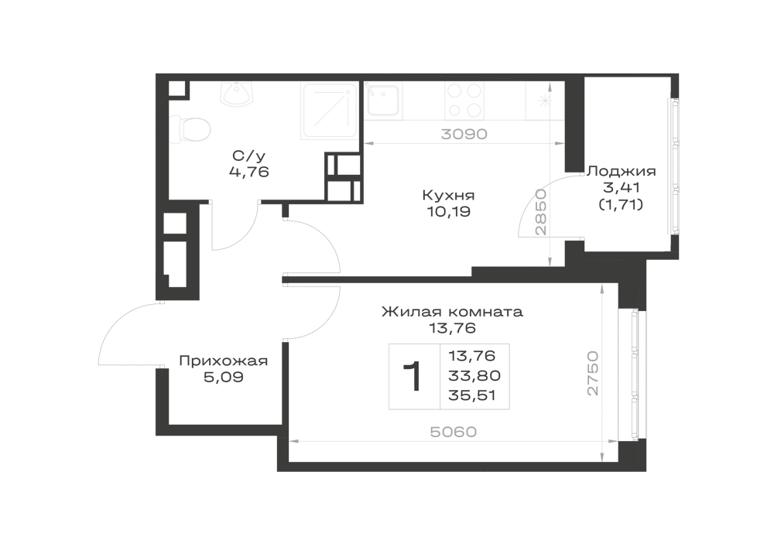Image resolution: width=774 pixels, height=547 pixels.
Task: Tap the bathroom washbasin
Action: (x=238, y=94)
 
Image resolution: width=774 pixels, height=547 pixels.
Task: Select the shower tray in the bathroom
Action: (x=330, y=111)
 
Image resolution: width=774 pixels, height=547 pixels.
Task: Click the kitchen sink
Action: (x=383, y=100)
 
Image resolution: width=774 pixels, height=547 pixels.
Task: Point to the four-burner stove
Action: (x=464, y=100)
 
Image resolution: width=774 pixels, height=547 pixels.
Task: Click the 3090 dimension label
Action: (x=464, y=134)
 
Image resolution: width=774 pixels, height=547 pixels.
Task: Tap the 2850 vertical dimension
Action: (x=542, y=211)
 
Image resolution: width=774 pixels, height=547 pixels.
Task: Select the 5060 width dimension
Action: (x=454, y=432)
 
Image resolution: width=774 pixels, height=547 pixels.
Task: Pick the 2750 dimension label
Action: (x=592, y=373)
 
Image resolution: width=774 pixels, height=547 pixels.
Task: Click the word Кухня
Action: (x=448, y=195)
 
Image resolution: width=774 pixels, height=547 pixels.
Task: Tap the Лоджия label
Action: (x=621, y=172)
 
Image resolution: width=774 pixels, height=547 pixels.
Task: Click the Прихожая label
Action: (x=223, y=361)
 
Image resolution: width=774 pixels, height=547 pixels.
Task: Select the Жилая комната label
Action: (x=452, y=313)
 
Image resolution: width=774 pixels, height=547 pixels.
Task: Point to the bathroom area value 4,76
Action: (x=248, y=172)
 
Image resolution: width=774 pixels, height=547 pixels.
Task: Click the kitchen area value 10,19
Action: (x=448, y=212)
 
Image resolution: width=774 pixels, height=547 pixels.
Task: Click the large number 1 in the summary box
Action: (x=413, y=376)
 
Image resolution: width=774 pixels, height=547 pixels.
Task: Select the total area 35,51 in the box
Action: (x=472, y=395)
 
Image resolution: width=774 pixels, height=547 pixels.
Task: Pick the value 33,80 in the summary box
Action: (x=474, y=376)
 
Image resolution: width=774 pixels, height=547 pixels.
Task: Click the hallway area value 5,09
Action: (x=223, y=378)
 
